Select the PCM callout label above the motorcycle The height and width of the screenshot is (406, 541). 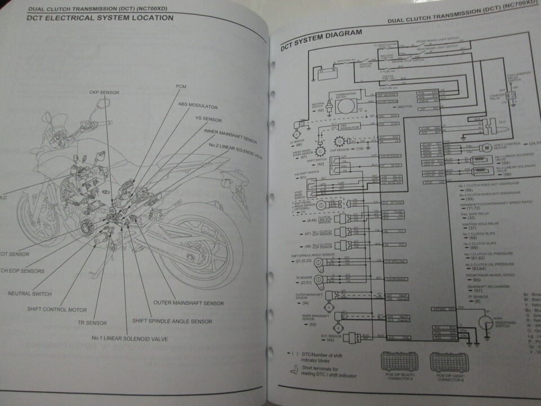pos(181,85)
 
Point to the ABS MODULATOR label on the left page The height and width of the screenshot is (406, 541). pos(198,104)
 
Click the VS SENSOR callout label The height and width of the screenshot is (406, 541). pos(208,120)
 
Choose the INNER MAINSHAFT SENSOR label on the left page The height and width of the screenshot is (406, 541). pos(232,131)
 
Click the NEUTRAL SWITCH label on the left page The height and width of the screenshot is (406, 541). pos(29,294)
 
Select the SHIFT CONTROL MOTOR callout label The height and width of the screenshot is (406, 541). pos(57,309)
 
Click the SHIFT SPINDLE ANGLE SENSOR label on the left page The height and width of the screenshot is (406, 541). pos(172,321)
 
